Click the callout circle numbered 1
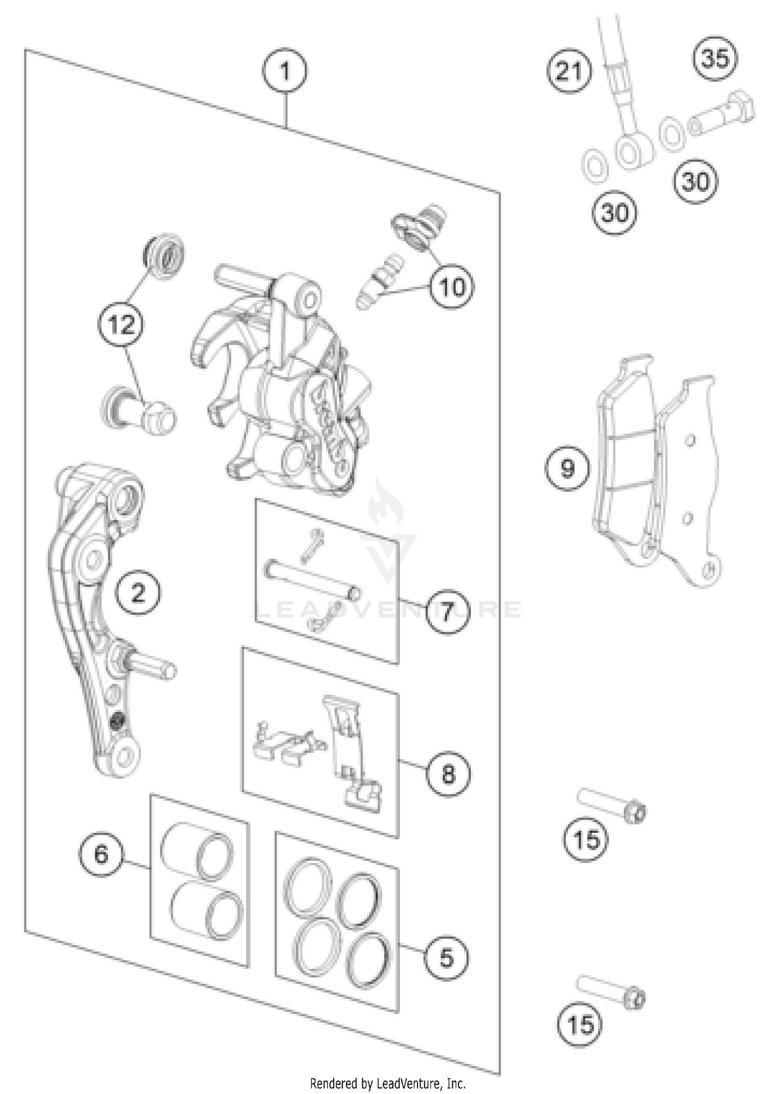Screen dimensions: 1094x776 point(284,71)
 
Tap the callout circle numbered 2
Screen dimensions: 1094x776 point(138,593)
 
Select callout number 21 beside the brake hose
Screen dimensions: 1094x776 point(569,71)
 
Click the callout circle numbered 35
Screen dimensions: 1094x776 point(715,58)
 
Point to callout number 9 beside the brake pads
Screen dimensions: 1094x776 point(568,468)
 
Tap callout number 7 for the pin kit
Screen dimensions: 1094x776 point(447,612)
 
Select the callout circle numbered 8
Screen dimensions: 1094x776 point(447,774)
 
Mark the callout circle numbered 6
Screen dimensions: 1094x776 point(101,854)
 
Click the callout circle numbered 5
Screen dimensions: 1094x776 point(446,957)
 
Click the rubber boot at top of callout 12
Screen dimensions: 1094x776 point(163,258)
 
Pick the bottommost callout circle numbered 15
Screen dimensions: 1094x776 point(579,1024)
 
